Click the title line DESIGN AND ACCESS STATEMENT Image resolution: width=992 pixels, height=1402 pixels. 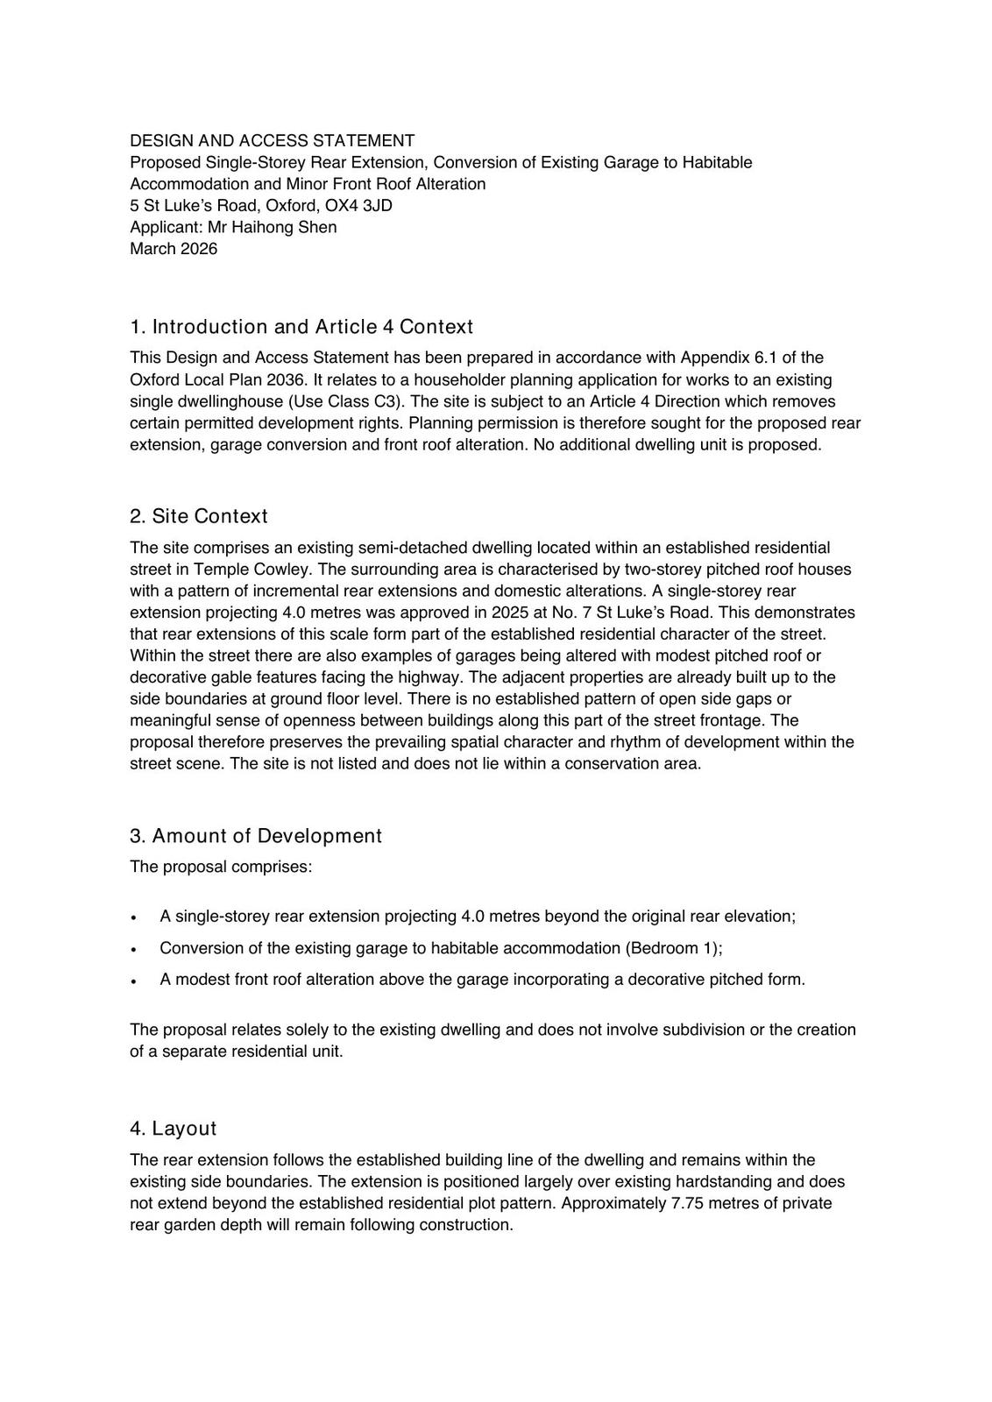[x=272, y=140]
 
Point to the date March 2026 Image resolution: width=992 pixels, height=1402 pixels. [x=174, y=248]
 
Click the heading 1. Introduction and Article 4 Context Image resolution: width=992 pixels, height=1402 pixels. [x=301, y=327]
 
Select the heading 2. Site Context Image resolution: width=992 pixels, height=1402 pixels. [x=199, y=516]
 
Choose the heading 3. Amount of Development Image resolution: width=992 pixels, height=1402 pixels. [x=256, y=836]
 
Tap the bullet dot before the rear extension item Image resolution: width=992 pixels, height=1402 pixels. [x=133, y=917]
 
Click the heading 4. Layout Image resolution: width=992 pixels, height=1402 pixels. [x=173, y=1129]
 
